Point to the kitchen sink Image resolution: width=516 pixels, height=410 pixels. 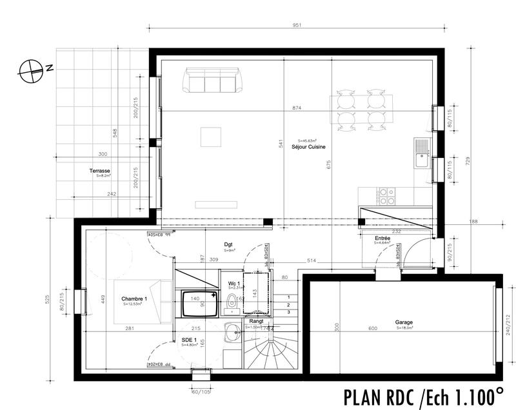(423, 153)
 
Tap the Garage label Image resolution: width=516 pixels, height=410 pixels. (404, 322)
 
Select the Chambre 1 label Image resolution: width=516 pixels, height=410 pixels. (134, 299)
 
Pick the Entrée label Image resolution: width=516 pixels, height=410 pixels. (382, 239)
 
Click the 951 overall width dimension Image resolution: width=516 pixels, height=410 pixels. (297, 26)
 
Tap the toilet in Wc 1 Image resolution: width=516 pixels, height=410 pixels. (232, 300)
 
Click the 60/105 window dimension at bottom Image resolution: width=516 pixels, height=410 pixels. (202, 391)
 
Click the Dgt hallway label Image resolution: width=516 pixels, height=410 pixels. (228, 245)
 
